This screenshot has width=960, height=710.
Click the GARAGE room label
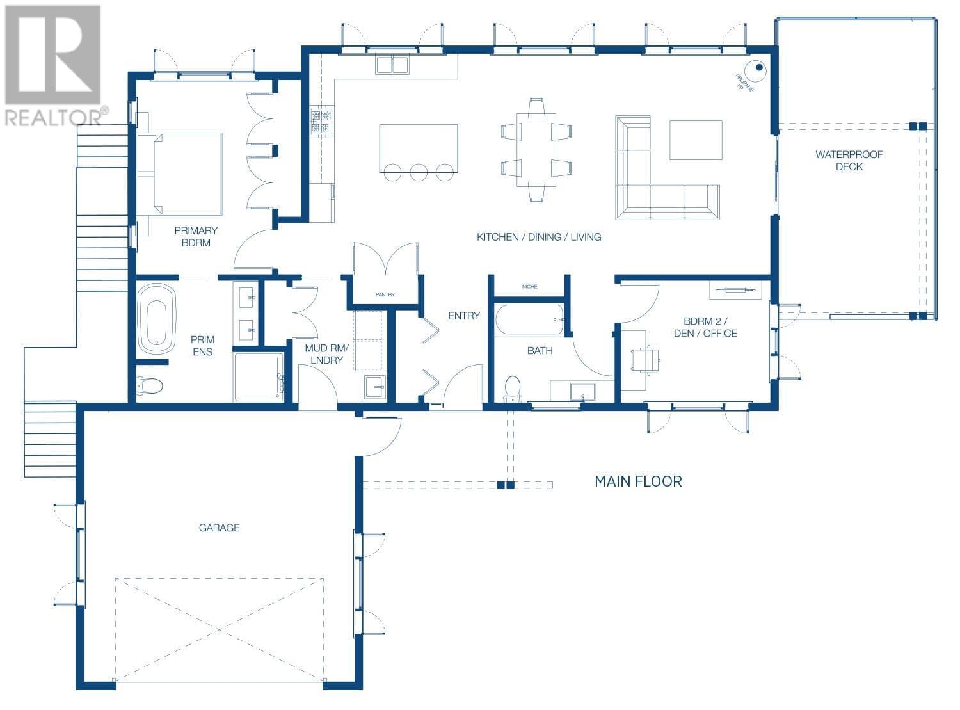click(219, 528)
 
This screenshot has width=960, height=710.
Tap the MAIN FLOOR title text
click(638, 481)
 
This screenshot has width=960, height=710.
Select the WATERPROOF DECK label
click(849, 161)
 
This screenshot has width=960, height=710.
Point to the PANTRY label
click(385, 294)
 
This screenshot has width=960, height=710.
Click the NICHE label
click(529, 287)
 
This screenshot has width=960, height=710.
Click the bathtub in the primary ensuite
click(157, 319)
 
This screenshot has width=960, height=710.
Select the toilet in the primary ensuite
click(149, 385)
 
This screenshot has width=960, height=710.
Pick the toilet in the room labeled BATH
click(513, 387)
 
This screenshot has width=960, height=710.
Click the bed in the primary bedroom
click(180, 173)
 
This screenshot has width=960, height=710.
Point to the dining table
click(536, 150)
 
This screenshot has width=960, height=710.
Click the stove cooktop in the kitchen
click(321, 121)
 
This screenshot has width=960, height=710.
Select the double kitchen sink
click(392, 65)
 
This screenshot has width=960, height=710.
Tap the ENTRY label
click(463, 316)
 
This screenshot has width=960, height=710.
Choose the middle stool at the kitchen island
click(419, 172)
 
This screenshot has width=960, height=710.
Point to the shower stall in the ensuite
click(259, 377)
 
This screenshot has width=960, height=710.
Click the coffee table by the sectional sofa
click(696, 140)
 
